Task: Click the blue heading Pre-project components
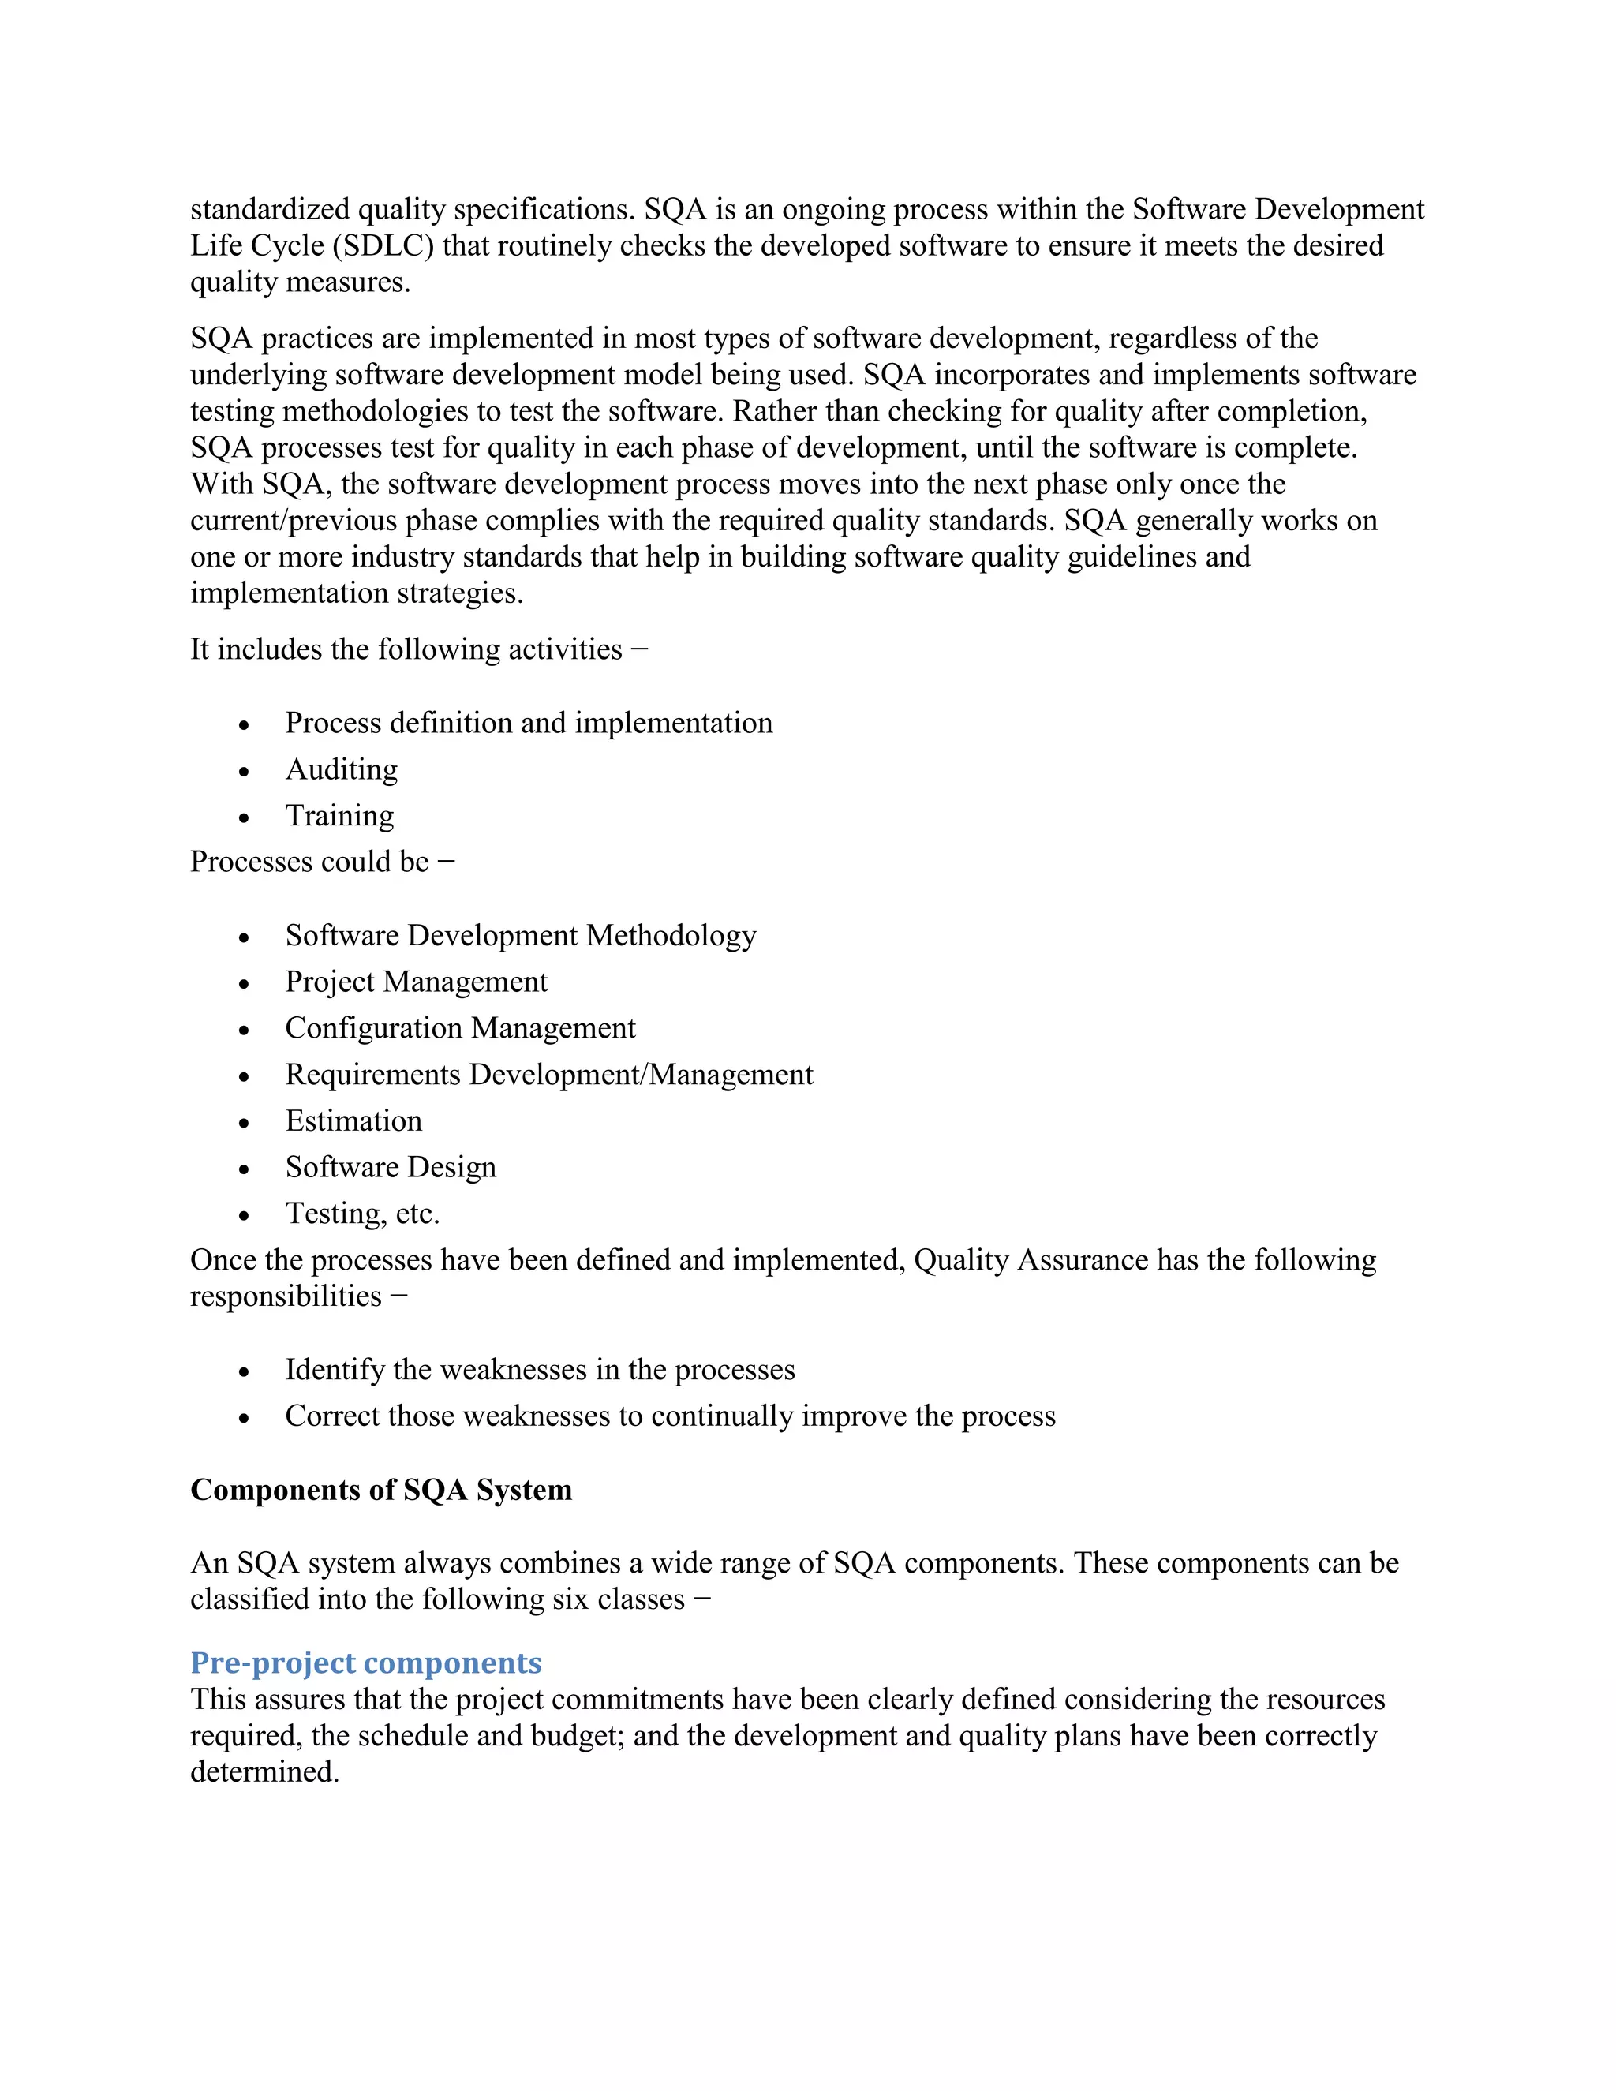click(365, 1663)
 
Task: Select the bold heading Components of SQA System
click(381, 1490)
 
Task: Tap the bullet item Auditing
click(342, 770)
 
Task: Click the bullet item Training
click(340, 816)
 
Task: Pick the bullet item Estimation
click(353, 1121)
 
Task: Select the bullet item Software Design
click(391, 1167)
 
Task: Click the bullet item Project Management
click(417, 982)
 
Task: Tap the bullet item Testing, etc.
click(362, 1214)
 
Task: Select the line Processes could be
click(323, 862)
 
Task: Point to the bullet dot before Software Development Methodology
click(244, 938)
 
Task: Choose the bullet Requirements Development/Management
click(548, 1075)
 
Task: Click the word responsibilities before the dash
click(286, 1296)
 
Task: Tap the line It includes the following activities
click(418, 650)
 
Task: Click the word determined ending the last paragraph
click(264, 1772)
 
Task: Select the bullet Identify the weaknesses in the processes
click(540, 1370)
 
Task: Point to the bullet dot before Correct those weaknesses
click(244, 1419)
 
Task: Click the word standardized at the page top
click(269, 210)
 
